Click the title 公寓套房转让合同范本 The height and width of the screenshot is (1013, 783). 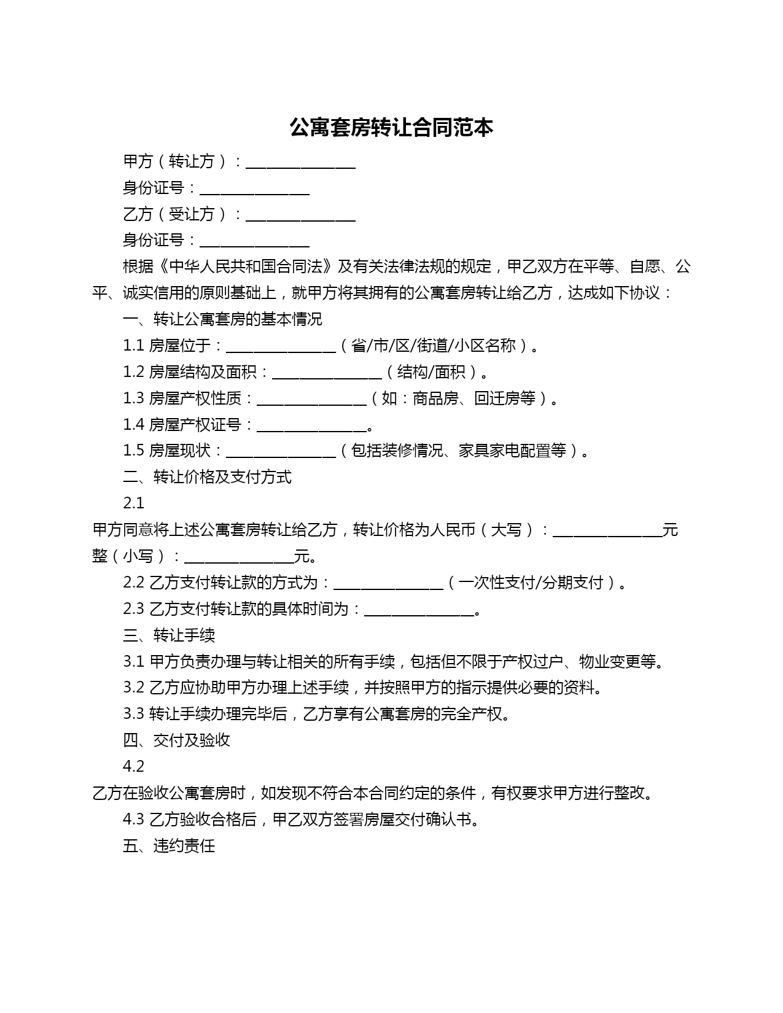point(391,128)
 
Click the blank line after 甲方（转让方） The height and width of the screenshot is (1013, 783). point(300,162)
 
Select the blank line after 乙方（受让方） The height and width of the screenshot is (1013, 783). point(300,215)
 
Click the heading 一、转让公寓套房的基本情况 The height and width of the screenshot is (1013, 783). point(222,319)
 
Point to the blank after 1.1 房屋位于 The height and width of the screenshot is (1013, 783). point(281,346)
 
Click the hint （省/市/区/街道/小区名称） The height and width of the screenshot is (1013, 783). point(438,346)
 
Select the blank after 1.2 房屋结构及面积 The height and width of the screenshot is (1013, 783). point(327,373)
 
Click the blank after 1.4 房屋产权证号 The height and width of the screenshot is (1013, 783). point(311,425)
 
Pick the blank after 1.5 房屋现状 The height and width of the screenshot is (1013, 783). point(281,451)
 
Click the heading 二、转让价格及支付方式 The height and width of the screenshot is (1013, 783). point(207,478)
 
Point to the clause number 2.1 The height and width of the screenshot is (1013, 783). point(133,503)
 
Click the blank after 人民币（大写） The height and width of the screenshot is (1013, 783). point(607,530)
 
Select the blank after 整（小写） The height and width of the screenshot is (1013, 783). point(239,557)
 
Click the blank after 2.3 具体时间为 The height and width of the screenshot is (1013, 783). point(419,610)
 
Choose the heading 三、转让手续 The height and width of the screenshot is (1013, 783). point(169,635)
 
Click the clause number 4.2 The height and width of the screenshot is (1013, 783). point(133,767)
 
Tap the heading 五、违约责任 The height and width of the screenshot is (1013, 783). point(169,846)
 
